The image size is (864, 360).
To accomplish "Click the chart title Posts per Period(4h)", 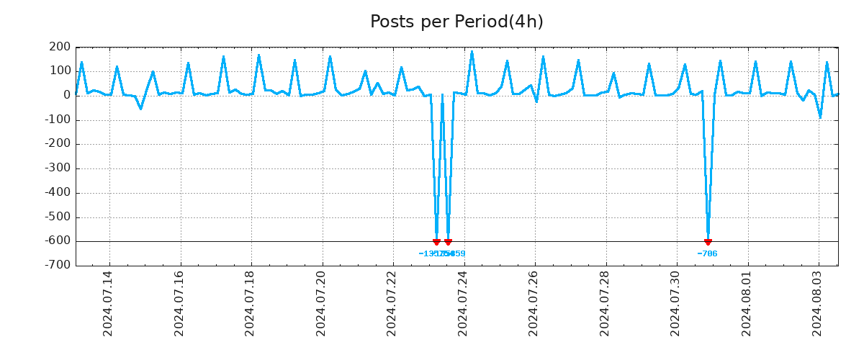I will point(456,22).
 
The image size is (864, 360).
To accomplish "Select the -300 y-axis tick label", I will point(57,168).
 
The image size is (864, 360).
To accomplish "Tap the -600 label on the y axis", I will point(57,241).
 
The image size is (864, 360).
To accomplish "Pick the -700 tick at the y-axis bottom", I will point(57,265).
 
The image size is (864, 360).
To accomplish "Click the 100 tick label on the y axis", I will point(61,71).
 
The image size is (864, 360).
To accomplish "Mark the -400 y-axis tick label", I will point(57,193).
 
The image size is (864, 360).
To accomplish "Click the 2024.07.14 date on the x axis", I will point(108,303).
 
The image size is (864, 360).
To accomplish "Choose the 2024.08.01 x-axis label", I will point(746,303).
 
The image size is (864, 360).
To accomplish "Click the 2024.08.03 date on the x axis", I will point(816,303).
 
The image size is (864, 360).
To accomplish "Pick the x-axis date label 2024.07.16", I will point(179,303).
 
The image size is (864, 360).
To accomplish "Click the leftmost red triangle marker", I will point(436,242).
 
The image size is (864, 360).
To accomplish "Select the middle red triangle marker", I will point(448,242).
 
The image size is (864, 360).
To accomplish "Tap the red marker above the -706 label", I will point(708,242).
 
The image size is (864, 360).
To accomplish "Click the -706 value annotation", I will point(707,253).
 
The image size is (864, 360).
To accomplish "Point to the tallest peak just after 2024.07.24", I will point(472,52).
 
